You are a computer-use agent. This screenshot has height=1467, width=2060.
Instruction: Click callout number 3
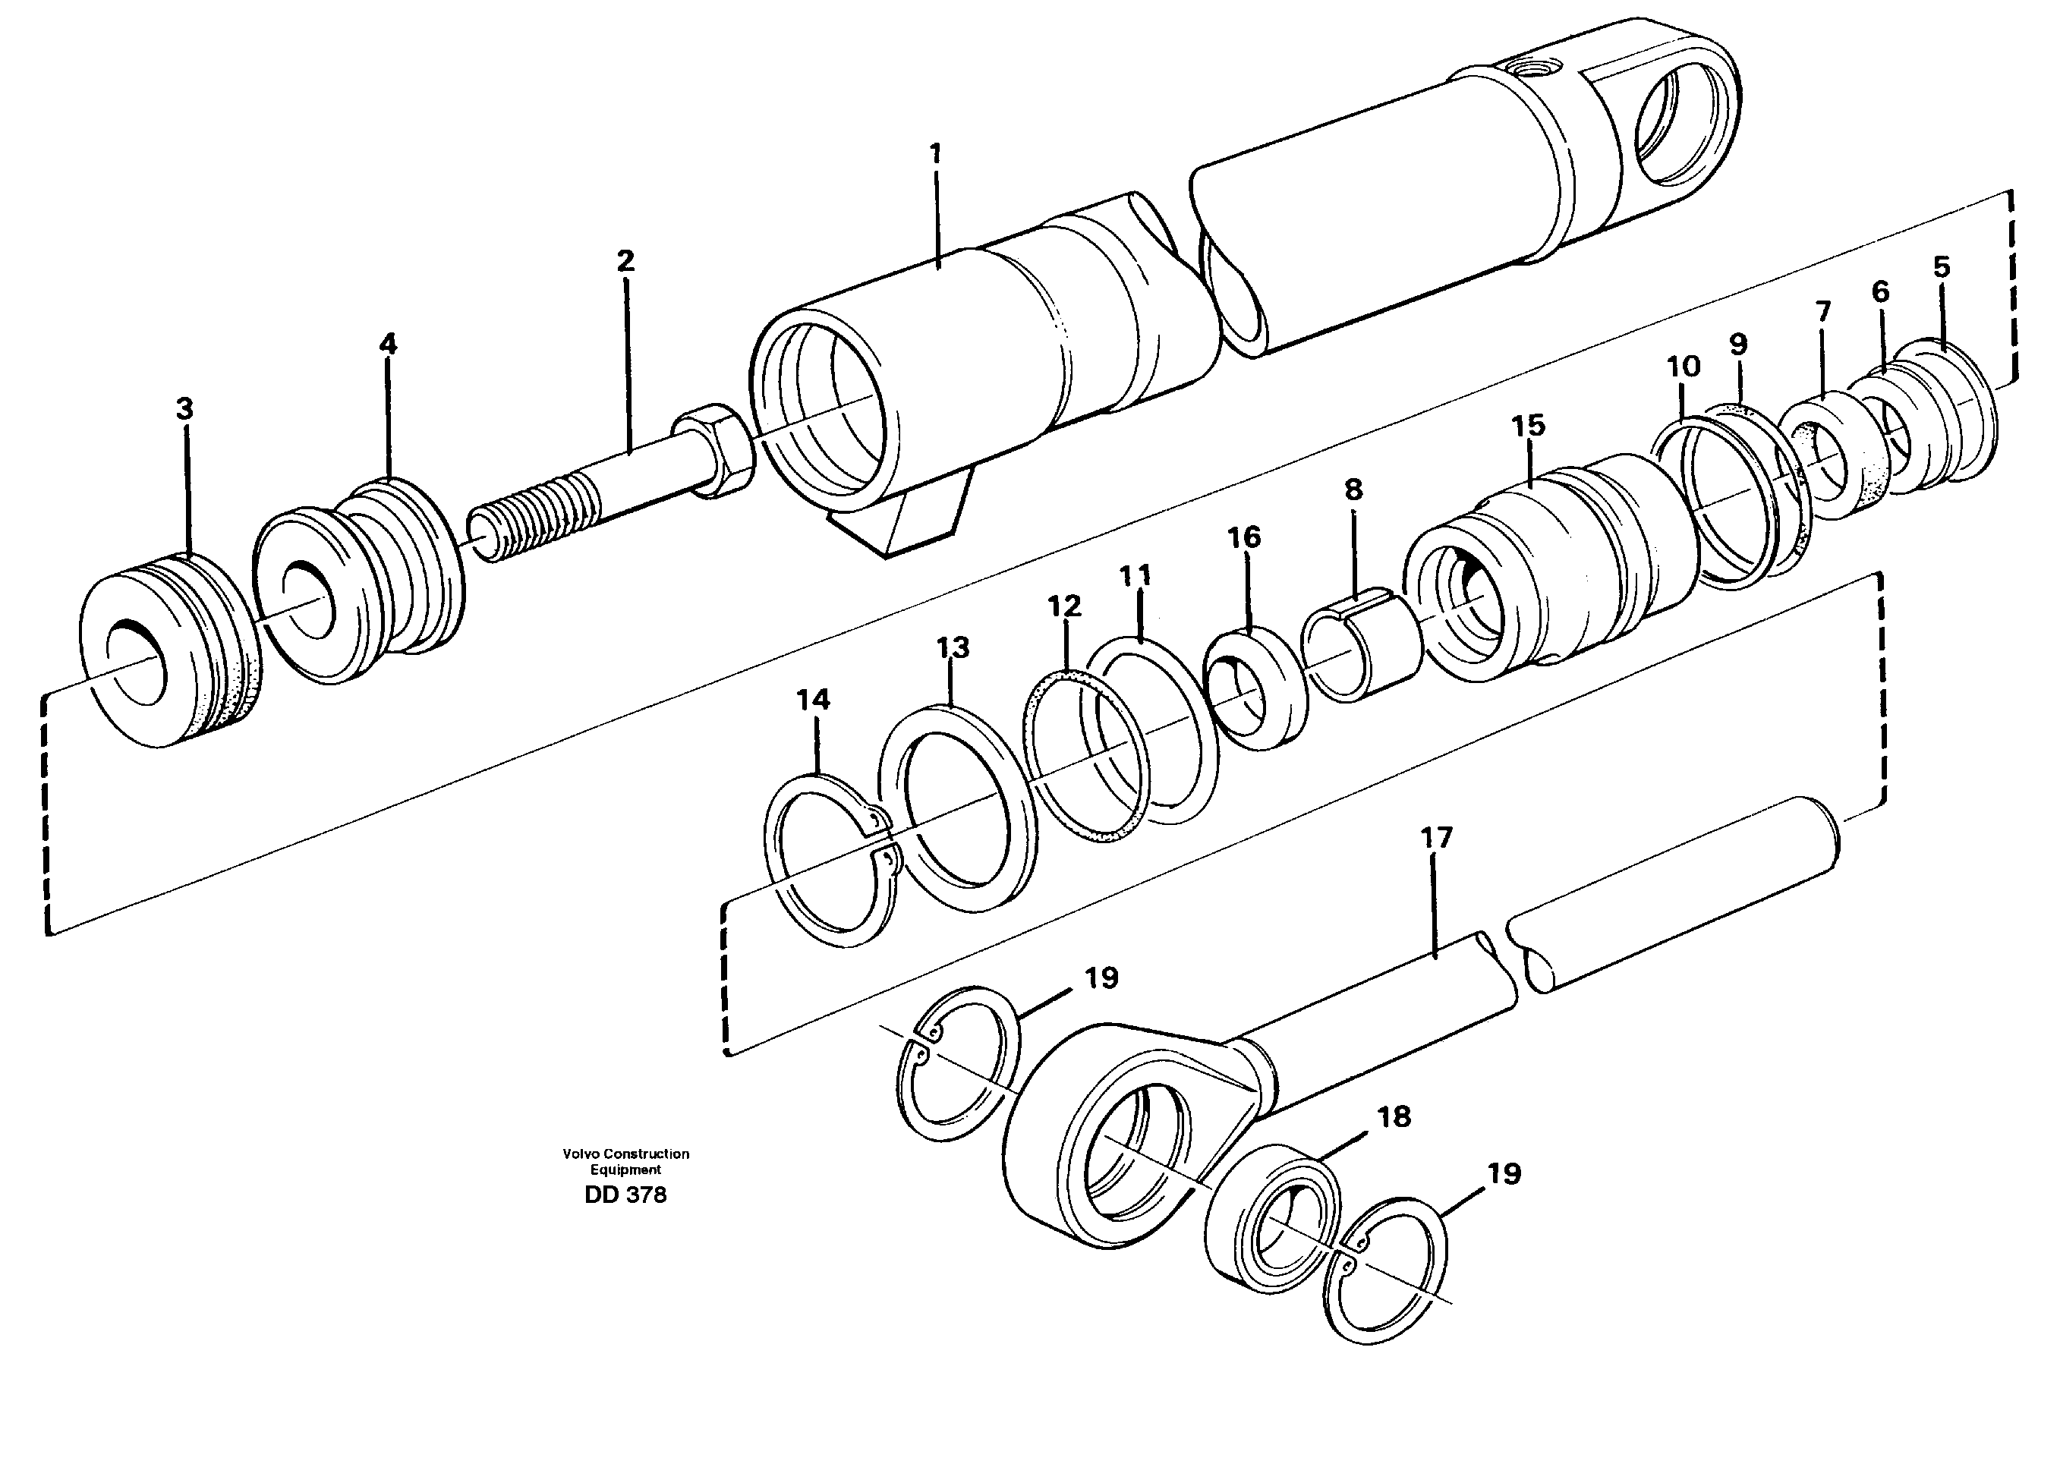click(x=184, y=409)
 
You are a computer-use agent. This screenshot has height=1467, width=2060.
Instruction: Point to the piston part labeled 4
click(x=361, y=587)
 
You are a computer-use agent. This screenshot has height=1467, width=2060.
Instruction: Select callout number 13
click(x=953, y=647)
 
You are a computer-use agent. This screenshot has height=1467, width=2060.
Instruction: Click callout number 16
click(x=1244, y=537)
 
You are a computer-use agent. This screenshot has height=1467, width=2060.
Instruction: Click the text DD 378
click(x=625, y=1195)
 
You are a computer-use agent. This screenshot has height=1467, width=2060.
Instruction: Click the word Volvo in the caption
click(x=580, y=1154)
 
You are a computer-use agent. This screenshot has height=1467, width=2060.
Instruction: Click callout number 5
click(x=1942, y=267)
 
